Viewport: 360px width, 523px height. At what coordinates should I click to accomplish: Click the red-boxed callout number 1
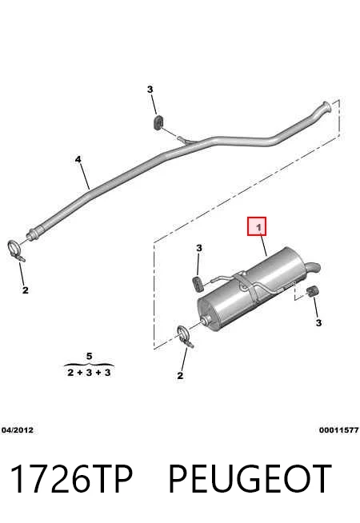coord(258,228)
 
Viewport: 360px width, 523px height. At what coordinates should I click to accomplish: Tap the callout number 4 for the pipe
coord(78,159)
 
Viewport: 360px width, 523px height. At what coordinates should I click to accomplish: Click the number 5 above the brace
coord(89,356)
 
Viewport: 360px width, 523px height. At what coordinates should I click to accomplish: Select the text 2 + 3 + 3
coord(89,373)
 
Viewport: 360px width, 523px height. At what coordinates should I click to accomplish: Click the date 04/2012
coord(18,430)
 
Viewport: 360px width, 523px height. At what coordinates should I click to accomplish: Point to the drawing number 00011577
coord(338,430)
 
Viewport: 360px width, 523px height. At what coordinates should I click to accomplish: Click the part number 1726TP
coord(72,479)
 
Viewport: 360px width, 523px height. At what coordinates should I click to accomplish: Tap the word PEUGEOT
coord(250,479)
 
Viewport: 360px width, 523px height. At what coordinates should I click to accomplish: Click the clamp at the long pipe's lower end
coord(15,251)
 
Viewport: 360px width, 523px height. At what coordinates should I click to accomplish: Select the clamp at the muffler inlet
coord(185,337)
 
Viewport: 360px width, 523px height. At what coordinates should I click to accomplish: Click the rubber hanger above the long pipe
coord(158,122)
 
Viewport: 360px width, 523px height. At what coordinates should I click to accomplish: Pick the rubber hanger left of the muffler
coord(198,283)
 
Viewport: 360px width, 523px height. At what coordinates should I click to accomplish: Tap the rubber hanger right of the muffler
coord(312,291)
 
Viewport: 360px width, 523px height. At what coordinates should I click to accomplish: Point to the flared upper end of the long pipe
coord(325,108)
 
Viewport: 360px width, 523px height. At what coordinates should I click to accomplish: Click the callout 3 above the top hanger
coord(150,90)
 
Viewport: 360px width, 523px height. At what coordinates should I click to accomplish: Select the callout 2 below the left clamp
coord(26,290)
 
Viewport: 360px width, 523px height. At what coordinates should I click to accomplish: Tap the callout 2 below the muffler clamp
coord(180,376)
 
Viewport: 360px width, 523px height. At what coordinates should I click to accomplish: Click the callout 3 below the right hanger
coord(318,323)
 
